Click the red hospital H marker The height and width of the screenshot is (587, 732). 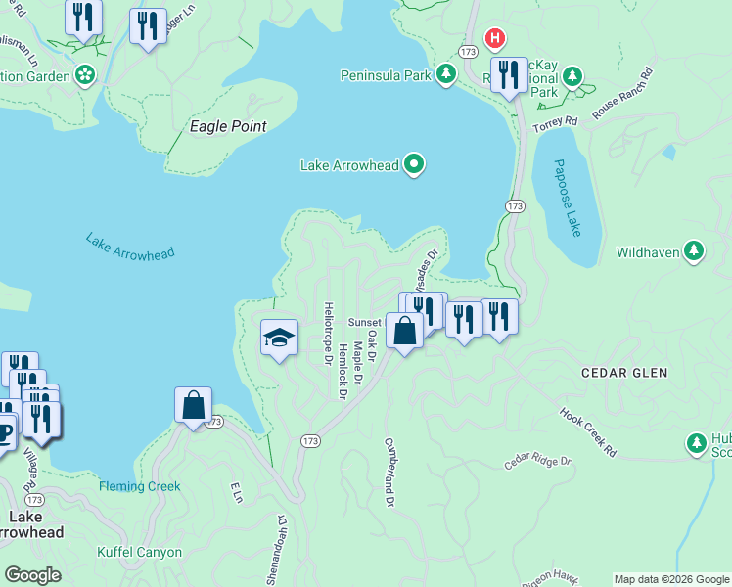[496, 38]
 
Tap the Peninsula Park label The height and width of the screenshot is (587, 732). [385, 74]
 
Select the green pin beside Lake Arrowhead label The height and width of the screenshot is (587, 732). [414, 164]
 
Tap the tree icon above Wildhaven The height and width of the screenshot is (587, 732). [695, 251]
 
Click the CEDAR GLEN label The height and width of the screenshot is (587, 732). [623, 373]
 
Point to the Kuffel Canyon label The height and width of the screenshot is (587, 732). [139, 552]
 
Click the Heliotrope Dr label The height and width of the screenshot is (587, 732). [328, 333]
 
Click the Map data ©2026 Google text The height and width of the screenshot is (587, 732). [670, 579]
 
